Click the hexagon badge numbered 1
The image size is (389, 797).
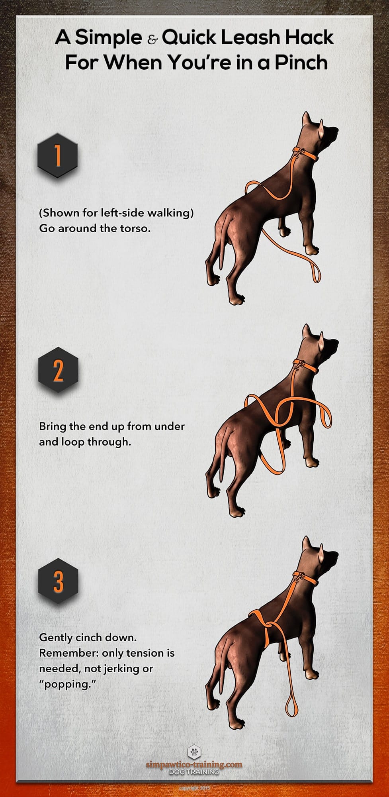(x=57, y=155)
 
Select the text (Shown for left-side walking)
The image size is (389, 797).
(x=116, y=213)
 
